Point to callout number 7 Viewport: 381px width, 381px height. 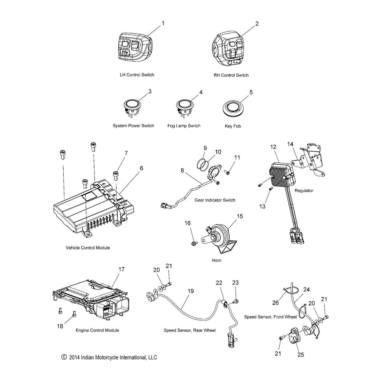[126, 153]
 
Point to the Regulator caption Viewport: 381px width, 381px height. [304, 190]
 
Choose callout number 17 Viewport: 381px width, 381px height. [121, 269]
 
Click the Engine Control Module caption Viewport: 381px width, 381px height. [97, 330]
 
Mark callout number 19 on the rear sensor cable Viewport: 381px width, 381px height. [190, 291]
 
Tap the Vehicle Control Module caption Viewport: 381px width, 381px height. [88, 248]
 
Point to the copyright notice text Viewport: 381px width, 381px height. [109, 357]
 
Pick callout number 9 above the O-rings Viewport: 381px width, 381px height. [205, 148]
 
